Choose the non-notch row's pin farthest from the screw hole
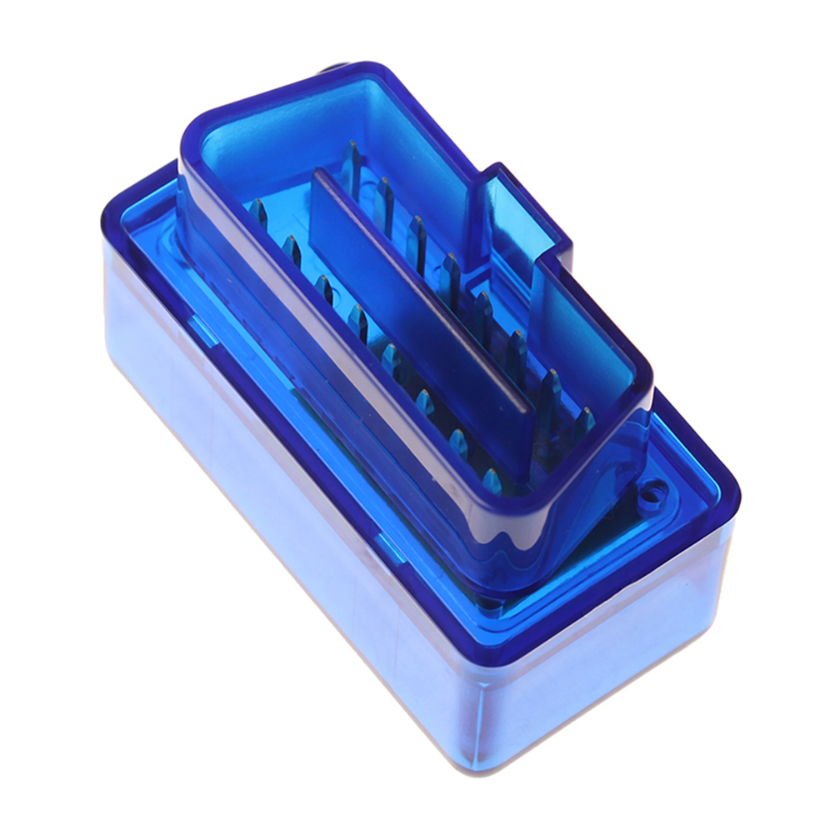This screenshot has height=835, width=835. click(257, 212)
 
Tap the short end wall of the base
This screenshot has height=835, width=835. click(617, 658)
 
